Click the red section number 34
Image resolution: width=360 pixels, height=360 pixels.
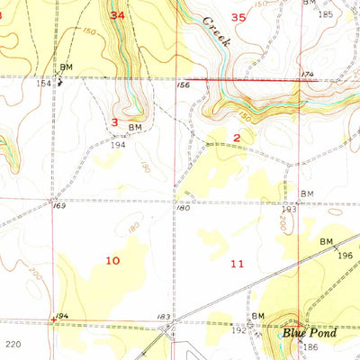coord(118,15)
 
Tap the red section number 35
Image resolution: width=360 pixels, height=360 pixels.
coord(238,17)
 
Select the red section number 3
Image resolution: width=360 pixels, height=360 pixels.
coord(115,121)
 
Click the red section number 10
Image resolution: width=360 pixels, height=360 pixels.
coord(112,260)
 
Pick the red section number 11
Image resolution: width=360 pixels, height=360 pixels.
coord(237,264)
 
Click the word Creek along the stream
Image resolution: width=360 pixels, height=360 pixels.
coord(217,31)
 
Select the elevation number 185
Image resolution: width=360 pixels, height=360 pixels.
coord(325,14)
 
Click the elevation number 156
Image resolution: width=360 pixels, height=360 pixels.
coord(184,85)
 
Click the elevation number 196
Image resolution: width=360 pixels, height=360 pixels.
coord(346,255)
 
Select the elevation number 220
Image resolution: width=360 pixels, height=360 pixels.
coord(12,344)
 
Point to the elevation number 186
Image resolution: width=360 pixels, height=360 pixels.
coord(311,346)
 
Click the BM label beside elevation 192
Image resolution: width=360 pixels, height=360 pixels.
coord(259,316)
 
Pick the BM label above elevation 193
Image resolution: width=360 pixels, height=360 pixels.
coord(307,193)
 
